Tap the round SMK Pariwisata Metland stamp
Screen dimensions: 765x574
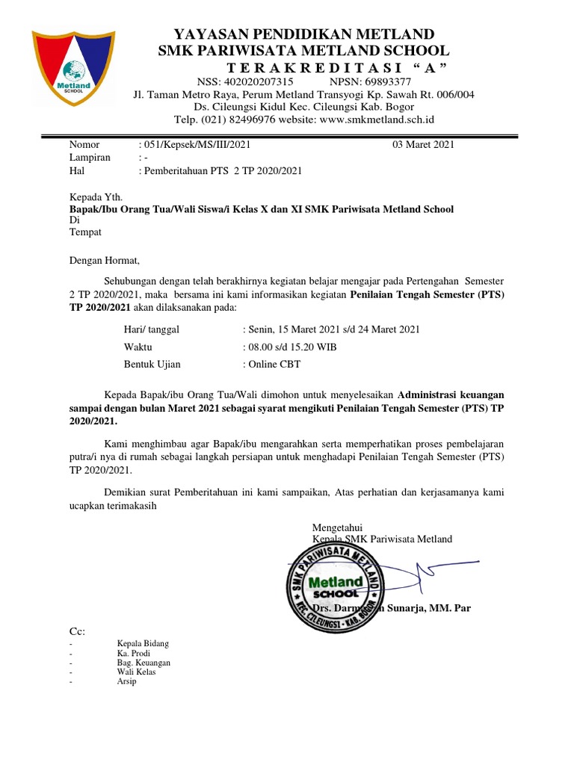pos(336,580)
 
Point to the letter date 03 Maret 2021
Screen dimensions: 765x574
pos(423,145)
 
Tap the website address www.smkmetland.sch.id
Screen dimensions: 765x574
pos(377,120)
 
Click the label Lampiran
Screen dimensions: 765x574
pos(90,158)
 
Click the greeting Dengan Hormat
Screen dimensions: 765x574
pos(104,261)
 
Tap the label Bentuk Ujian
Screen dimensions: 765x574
pos(152,365)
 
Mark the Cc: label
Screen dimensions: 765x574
pos(77,631)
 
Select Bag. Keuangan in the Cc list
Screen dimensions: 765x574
pos(143,663)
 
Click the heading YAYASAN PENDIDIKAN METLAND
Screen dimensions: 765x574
pos(303,34)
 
